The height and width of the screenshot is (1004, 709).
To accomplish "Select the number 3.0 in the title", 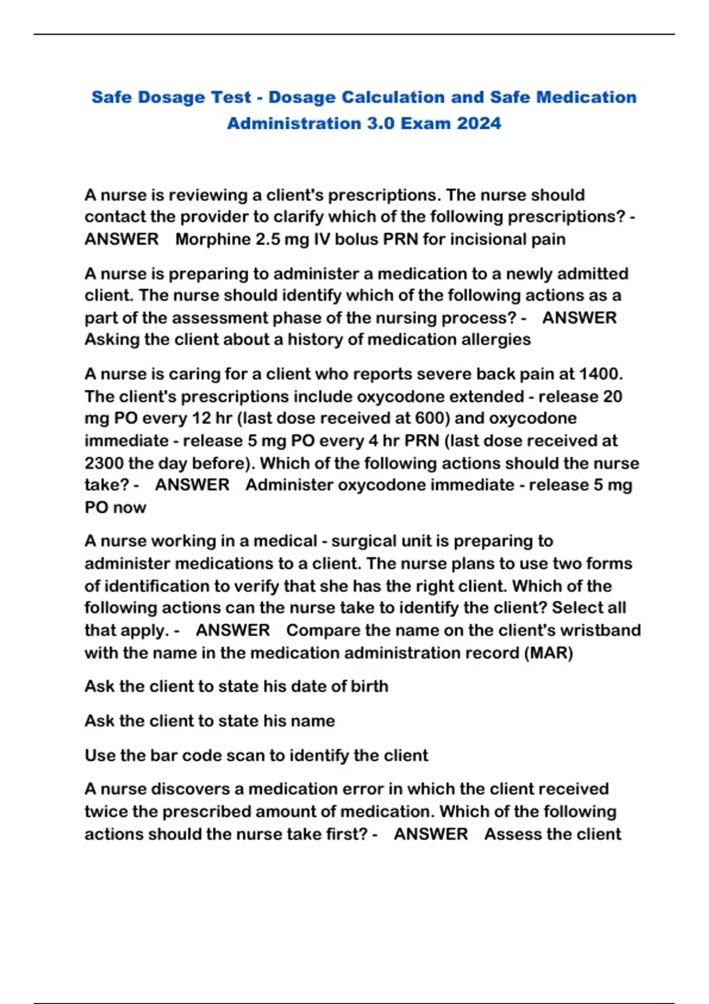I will coord(380,123).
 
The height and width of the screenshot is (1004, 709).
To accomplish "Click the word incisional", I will coord(478,239).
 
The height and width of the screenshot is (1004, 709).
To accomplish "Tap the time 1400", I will coord(600,374).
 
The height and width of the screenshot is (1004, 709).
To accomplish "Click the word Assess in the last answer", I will coord(513,834).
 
